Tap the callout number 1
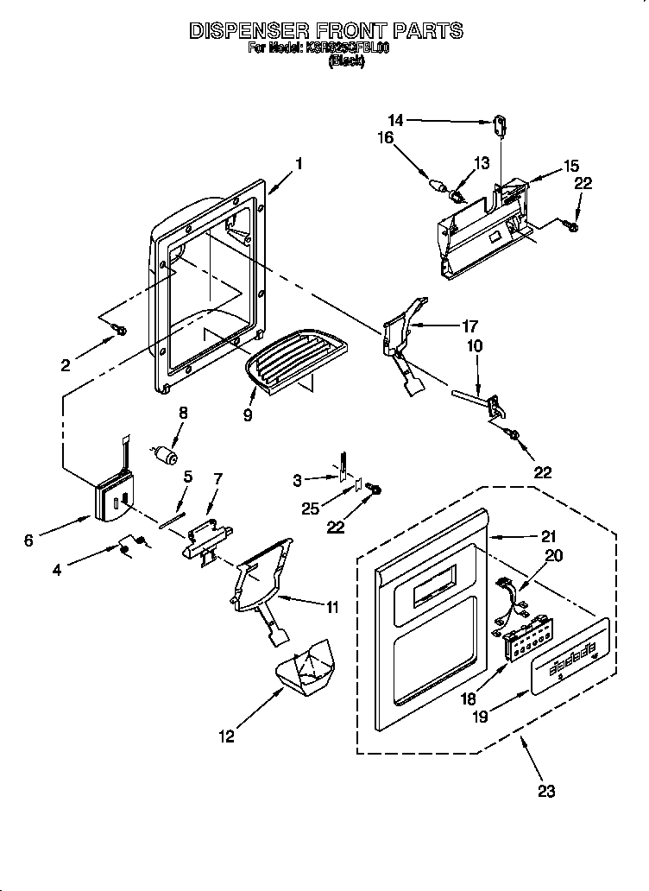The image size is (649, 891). (299, 162)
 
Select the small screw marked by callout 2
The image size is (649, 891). (121, 330)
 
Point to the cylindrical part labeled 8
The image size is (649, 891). (166, 454)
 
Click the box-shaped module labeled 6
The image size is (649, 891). (110, 500)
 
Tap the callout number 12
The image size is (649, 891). (226, 736)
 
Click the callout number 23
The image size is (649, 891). (547, 790)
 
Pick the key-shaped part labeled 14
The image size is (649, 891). (500, 126)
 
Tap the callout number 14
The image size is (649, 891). (395, 122)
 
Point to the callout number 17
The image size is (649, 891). (469, 325)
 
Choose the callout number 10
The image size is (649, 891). (475, 345)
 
